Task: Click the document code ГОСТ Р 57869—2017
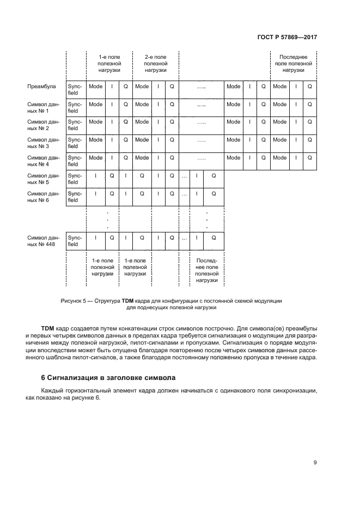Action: [286, 37]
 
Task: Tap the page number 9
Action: [315, 463]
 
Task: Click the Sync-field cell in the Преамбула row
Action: [74, 90]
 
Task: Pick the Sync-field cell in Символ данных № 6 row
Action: [74, 197]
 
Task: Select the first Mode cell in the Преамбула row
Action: [95, 87]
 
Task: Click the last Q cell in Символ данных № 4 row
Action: [309, 158]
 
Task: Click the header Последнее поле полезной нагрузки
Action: [293, 64]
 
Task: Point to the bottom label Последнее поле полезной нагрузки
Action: [206, 271]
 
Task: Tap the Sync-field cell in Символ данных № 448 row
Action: [74, 241]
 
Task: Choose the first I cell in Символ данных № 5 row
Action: [95, 175]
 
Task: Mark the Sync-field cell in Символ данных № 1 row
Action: [74, 108]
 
